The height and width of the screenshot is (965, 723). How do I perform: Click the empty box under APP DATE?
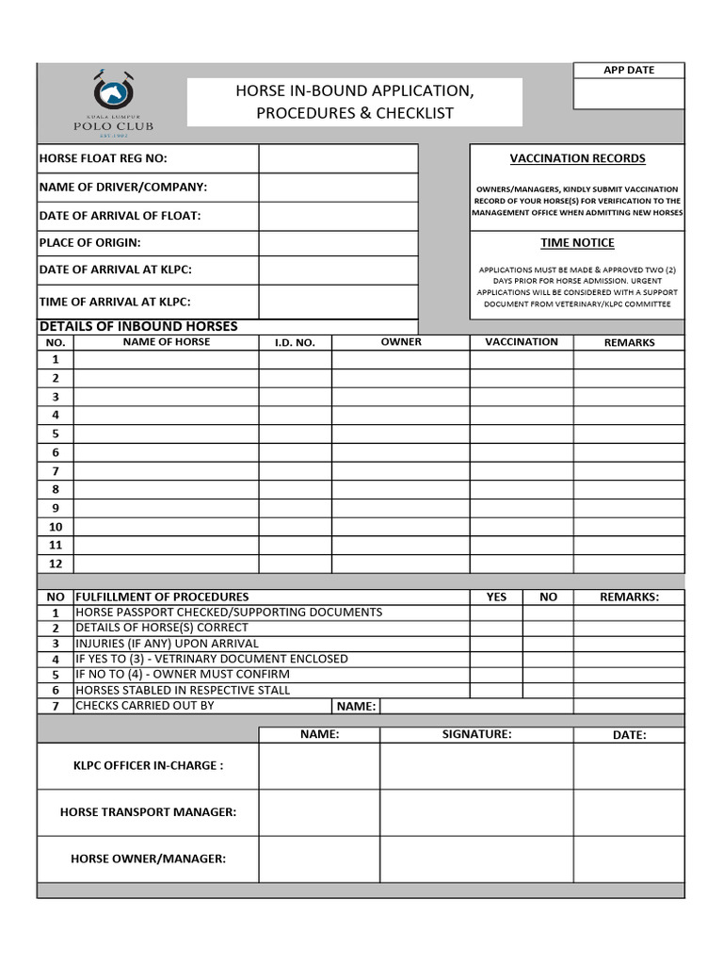[x=629, y=94]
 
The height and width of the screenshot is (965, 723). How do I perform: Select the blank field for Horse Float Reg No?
[x=338, y=158]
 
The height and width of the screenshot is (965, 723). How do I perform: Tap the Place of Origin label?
[x=89, y=242]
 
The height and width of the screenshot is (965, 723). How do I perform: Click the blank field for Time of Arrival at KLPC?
[x=338, y=302]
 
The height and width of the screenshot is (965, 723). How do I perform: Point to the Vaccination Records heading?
[x=577, y=158]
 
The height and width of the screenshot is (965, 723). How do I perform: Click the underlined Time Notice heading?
[x=577, y=243]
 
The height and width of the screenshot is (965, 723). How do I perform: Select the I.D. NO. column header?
[x=295, y=343]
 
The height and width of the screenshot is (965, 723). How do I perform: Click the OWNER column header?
[x=400, y=342]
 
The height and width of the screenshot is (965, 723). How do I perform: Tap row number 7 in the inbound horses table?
[x=56, y=470]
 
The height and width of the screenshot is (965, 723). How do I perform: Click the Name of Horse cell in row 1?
[x=166, y=359]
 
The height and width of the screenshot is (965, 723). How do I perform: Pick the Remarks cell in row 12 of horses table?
[x=629, y=564]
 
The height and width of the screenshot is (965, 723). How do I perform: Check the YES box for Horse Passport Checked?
[x=496, y=613]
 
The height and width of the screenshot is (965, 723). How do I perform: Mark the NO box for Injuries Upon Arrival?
[x=548, y=644]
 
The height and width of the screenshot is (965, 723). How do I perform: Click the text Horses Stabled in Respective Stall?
[x=183, y=690]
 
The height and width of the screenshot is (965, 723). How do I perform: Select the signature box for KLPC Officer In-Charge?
[x=476, y=766]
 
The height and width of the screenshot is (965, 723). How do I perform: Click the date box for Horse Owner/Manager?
[x=629, y=859]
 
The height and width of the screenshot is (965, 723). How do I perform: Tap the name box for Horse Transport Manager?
[x=319, y=812]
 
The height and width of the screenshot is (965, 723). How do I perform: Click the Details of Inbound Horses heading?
[x=138, y=326]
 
